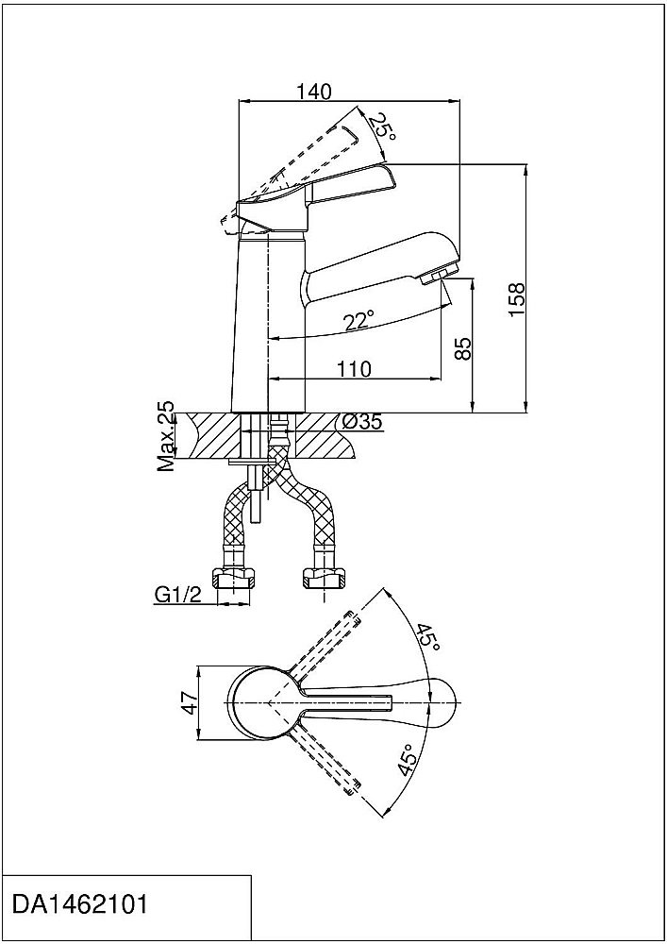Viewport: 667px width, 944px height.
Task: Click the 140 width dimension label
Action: pos(314,92)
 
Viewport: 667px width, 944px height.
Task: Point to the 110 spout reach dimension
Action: pos(354,368)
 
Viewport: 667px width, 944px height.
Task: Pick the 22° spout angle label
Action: pos(359,320)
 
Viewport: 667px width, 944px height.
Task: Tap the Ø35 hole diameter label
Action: pos(362,422)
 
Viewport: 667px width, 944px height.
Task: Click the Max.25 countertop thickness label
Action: pos(165,436)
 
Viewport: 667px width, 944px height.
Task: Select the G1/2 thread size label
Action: pos(177,595)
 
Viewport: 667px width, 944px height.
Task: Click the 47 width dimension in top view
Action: pos(190,702)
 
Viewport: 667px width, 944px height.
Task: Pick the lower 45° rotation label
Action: pos(407,759)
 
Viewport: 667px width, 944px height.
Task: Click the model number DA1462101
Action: pos(79,905)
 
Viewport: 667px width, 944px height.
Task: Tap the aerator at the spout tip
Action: pos(441,276)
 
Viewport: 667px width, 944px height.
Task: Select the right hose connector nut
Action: pos(323,580)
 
